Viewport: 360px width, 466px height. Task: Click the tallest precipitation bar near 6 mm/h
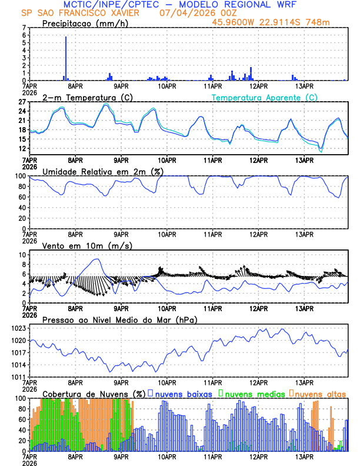pyautogui.click(x=66, y=58)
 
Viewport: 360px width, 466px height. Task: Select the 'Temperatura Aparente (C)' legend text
pyautogui.click(x=265, y=97)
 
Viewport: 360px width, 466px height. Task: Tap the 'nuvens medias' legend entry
pyautogui.click(x=251, y=393)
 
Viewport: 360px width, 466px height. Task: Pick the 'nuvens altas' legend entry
pyautogui.click(x=320, y=393)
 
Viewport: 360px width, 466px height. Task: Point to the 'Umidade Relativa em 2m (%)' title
pyautogui.click(x=102, y=171)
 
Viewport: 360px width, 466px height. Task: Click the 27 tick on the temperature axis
pyautogui.click(x=22, y=102)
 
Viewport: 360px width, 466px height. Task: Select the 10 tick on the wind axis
pyautogui.click(x=22, y=255)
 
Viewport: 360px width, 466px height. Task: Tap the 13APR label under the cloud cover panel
pyautogui.click(x=304, y=456)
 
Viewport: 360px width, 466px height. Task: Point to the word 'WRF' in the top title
pyautogui.click(x=281, y=5)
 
